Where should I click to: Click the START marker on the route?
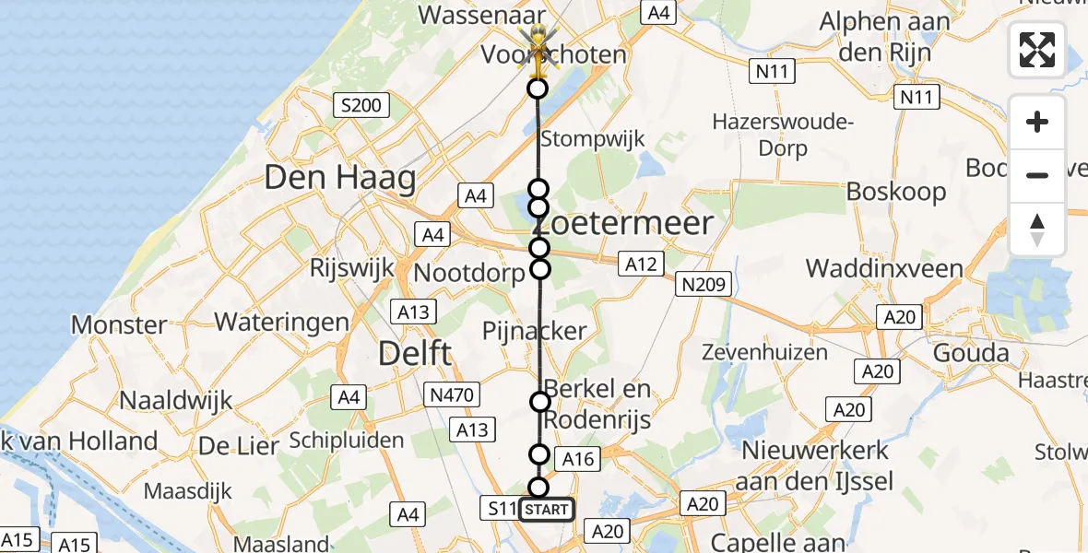pyautogui.click(x=546, y=509)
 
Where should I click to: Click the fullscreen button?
pyautogui.click(x=1037, y=51)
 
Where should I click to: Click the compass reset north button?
pyautogui.click(x=1037, y=229)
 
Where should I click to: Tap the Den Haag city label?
pyautogui.click(x=339, y=178)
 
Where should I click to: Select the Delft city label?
pyautogui.click(x=416, y=352)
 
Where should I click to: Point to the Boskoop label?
pyautogui.click(x=896, y=192)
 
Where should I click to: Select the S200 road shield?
pyautogui.click(x=361, y=106)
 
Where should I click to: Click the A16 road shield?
pyautogui.click(x=580, y=459)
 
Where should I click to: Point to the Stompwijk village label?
pyautogui.click(x=592, y=140)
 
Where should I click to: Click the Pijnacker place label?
pyautogui.click(x=535, y=331)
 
